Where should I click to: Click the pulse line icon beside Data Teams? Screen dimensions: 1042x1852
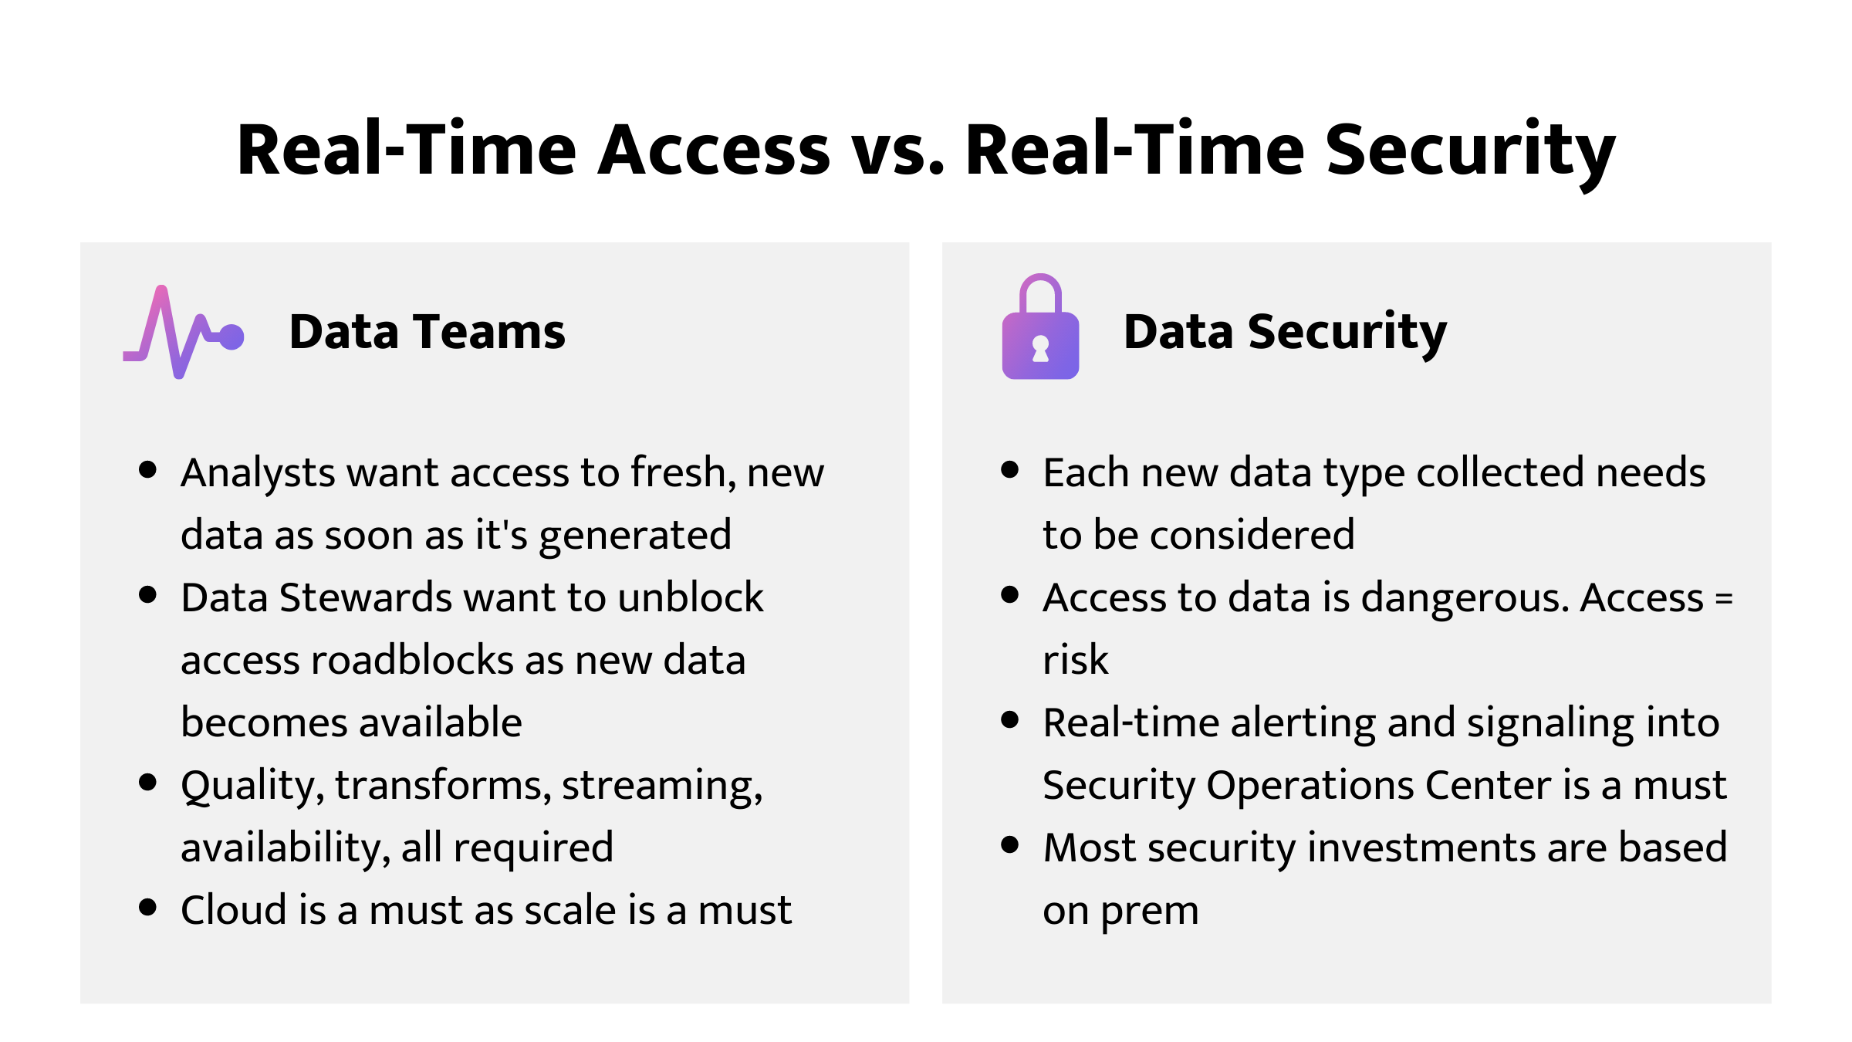[x=184, y=333]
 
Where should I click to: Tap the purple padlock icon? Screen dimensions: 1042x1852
[x=1040, y=328]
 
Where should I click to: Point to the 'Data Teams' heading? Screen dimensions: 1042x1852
[x=427, y=332]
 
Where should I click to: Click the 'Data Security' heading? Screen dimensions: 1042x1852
[x=1285, y=332]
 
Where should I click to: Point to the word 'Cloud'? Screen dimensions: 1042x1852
[x=234, y=910]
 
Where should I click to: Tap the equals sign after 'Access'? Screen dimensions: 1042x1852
[x=1723, y=598]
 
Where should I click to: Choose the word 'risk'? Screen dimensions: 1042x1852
[x=1075, y=660]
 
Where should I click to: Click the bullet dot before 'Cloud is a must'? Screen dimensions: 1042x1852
[x=148, y=907]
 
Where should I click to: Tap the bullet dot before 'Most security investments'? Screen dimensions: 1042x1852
[x=1009, y=844]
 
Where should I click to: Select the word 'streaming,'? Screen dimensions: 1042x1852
[x=662, y=786]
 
